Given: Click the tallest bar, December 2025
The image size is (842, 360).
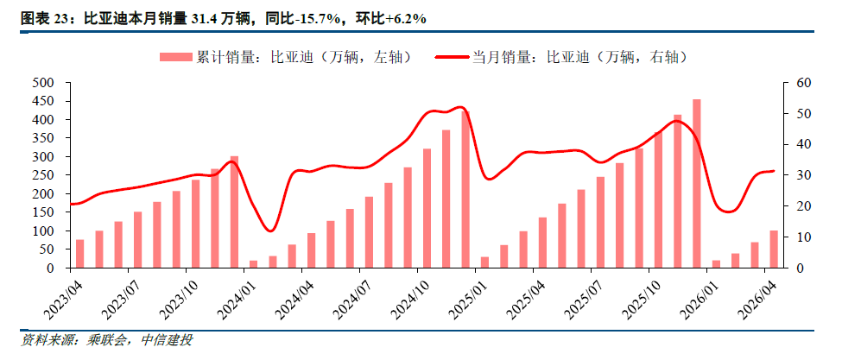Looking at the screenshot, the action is pyautogui.click(x=696, y=184).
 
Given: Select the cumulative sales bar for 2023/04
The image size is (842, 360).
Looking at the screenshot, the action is pyautogui.click(x=79, y=254).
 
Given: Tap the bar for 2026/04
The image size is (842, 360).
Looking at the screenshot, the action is pyautogui.click(x=774, y=249).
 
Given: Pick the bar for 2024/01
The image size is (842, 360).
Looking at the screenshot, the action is pyautogui.click(x=253, y=264).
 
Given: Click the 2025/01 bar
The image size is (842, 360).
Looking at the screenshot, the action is pyautogui.click(x=484, y=262).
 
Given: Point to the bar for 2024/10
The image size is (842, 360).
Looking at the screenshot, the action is pyautogui.click(x=427, y=208).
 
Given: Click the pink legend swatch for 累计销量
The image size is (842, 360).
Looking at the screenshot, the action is pyautogui.click(x=175, y=57).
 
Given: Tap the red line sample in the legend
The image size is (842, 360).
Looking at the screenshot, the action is pyautogui.click(x=452, y=57).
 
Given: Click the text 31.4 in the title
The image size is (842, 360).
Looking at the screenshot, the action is pyautogui.click(x=201, y=19).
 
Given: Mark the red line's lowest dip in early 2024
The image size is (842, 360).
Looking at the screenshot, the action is pyautogui.click(x=270, y=231).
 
